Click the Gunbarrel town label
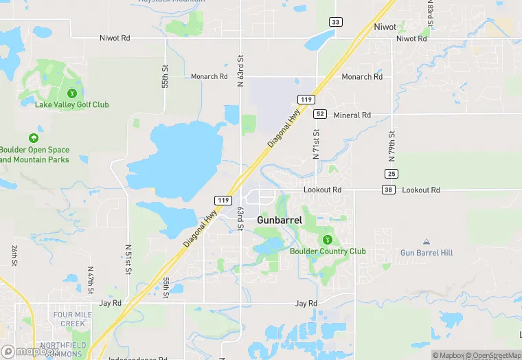point(280,220)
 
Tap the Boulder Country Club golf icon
point(328,239)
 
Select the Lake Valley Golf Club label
point(72,104)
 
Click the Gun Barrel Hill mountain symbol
point(427,242)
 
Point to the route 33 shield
point(335,22)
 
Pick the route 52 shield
point(320,114)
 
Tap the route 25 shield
point(391,173)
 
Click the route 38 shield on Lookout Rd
point(389,190)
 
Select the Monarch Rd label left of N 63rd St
point(209,77)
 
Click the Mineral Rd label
point(352,115)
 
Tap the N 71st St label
point(317,144)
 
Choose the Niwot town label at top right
point(385,27)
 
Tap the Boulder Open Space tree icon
point(34,139)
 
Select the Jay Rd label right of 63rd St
point(306,303)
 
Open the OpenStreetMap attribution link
point(494,355)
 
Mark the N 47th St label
point(91,281)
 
